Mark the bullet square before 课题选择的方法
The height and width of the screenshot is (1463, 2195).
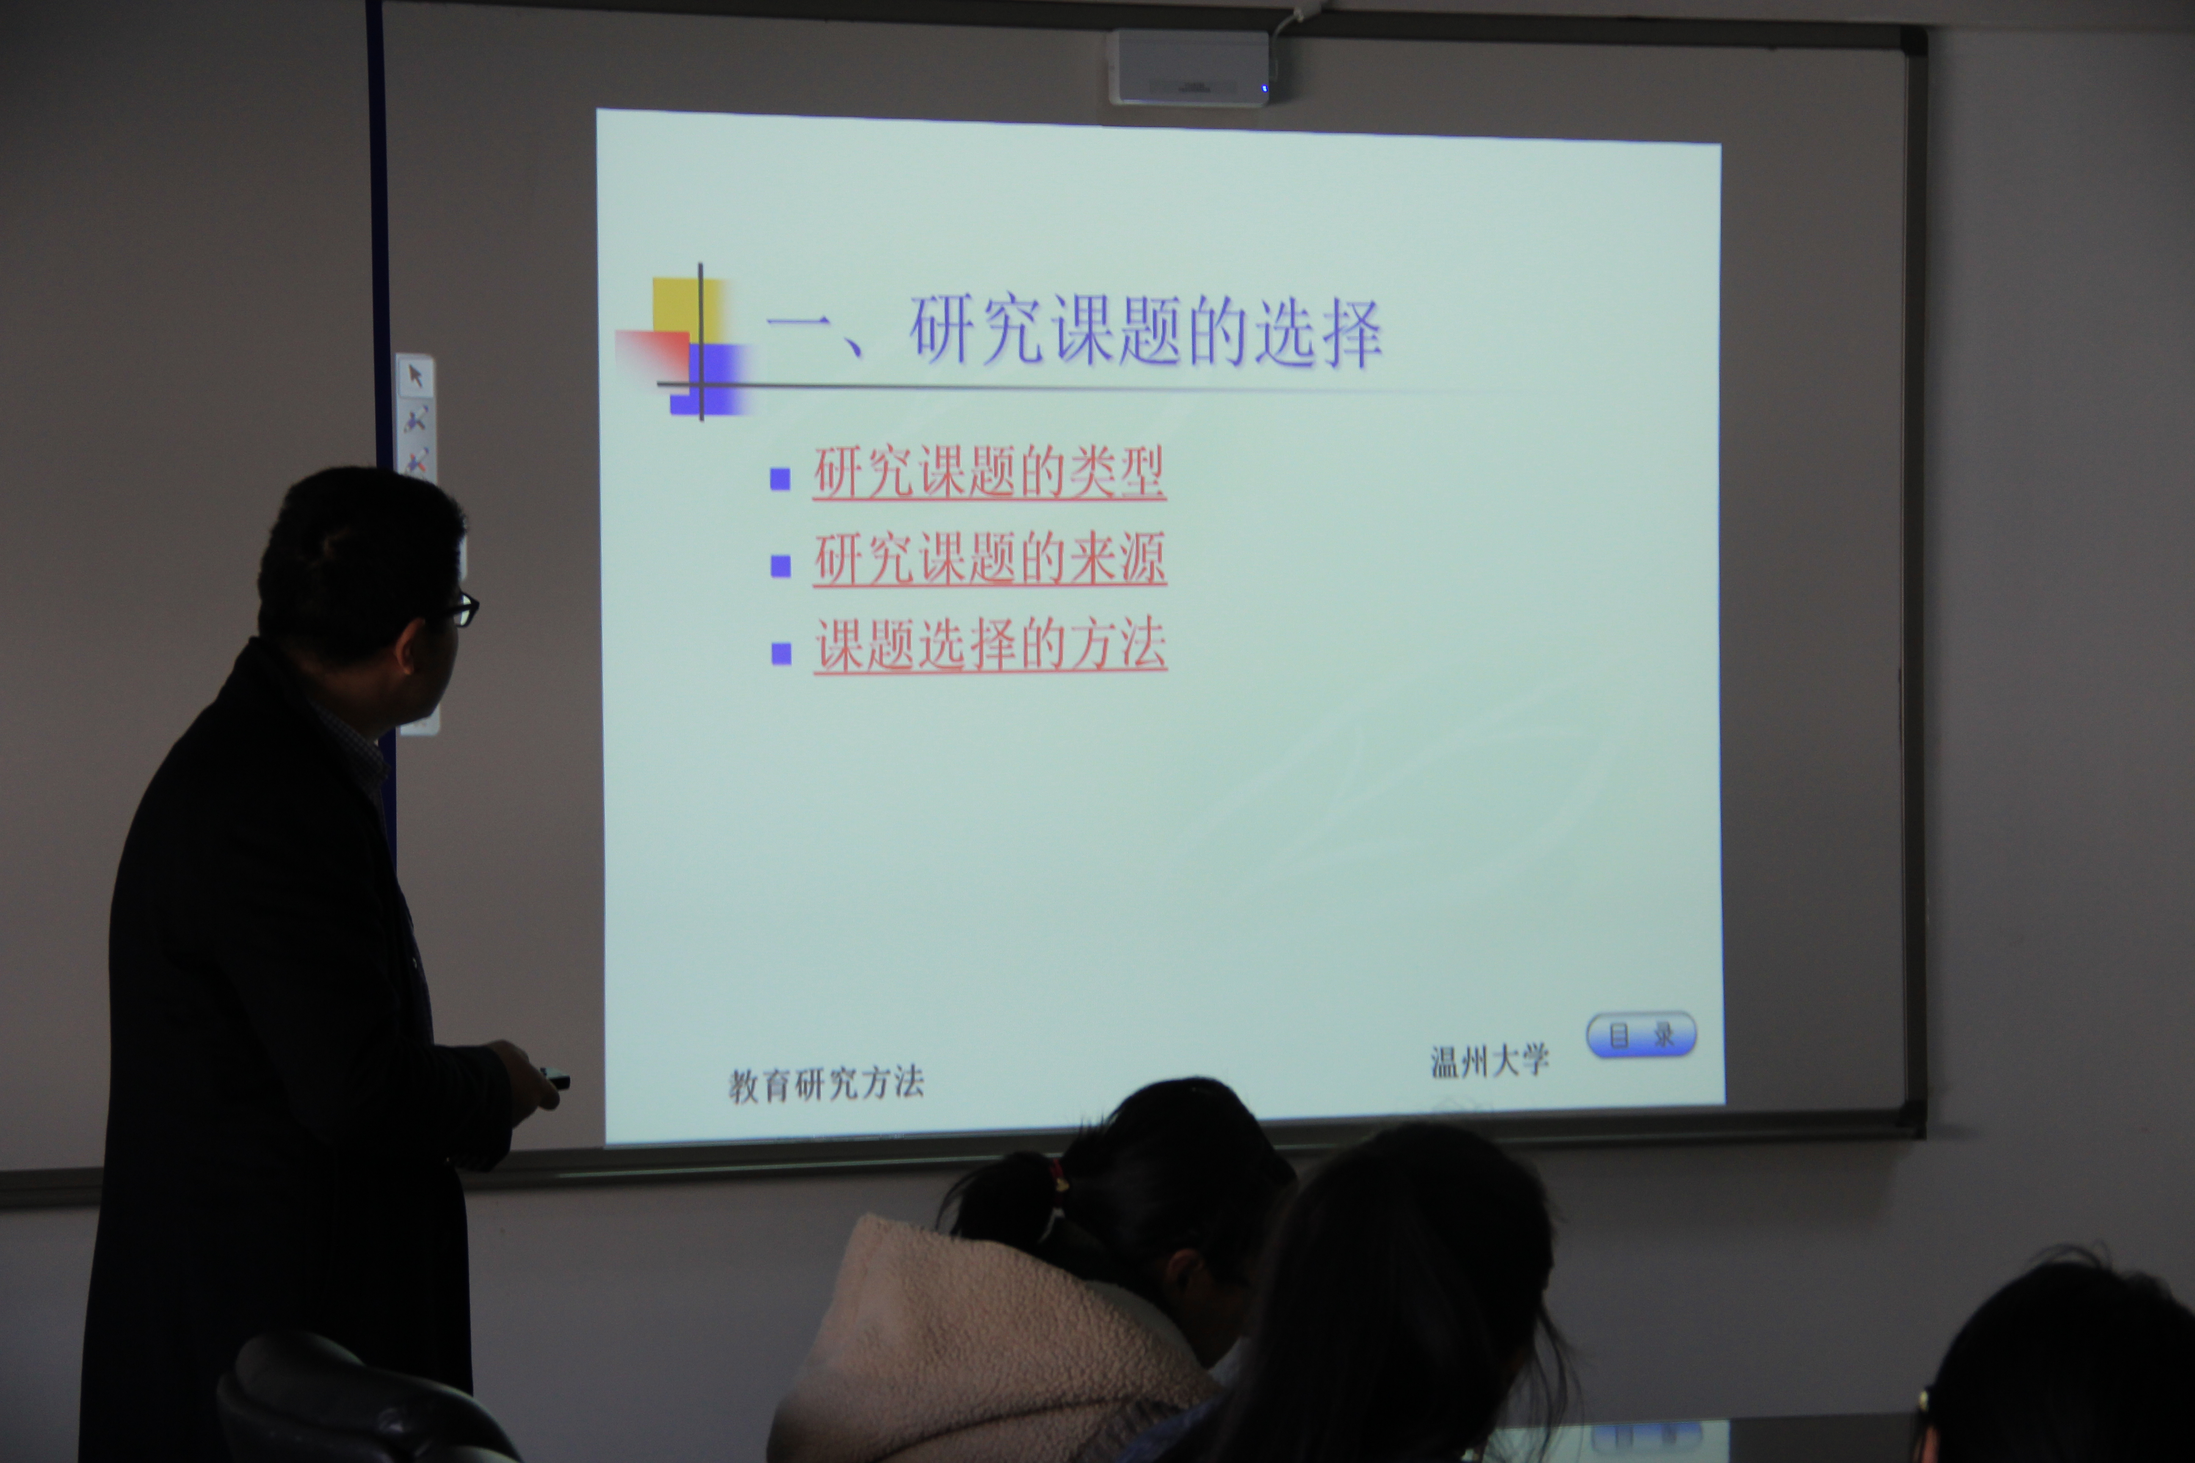click(x=781, y=653)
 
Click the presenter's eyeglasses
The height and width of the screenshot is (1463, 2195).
click(x=462, y=610)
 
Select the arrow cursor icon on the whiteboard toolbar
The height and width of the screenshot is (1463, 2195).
click(x=415, y=376)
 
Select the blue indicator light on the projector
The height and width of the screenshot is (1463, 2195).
click(x=1265, y=88)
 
